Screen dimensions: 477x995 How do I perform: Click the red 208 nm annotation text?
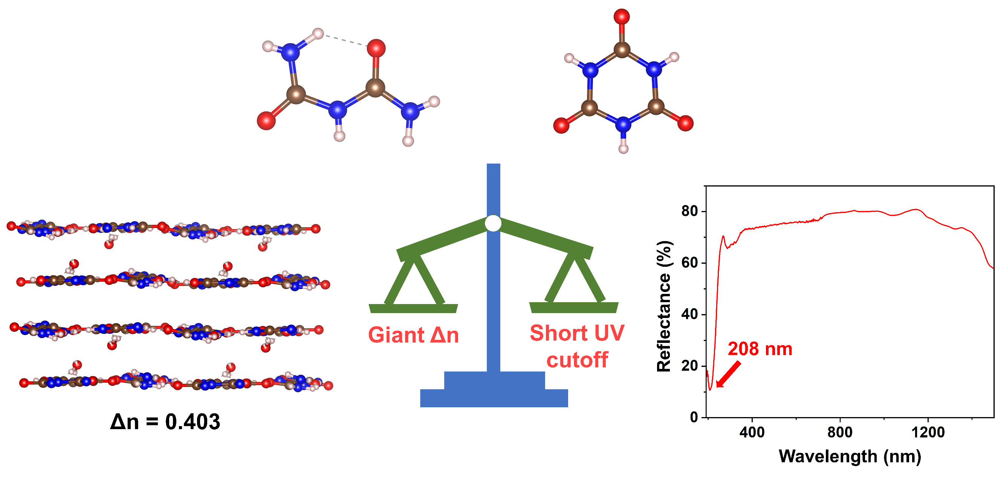click(x=760, y=349)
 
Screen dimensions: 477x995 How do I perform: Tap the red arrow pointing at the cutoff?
click(x=729, y=374)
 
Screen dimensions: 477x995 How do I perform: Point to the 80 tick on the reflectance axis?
click(x=689, y=211)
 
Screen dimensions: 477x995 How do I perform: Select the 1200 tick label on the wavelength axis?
click(x=928, y=432)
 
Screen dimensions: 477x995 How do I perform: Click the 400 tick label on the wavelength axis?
click(x=752, y=432)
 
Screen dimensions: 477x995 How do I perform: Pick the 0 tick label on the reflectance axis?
click(x=694, y=417)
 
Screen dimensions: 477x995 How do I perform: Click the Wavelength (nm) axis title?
click(x=850, y=457)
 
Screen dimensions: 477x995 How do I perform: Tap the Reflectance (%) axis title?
click(x=664, y=306)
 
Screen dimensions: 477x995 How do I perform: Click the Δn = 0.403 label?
click(x=165, y=421)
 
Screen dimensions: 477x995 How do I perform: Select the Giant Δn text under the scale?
click(x=413, y=335)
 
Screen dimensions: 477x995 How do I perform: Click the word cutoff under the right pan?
click(x=577, y=360)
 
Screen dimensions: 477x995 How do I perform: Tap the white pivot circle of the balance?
click(x=493, y=223)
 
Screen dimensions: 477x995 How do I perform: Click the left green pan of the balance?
click(x=413, y=308)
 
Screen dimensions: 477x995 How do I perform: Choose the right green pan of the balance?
click(x=573, y=307)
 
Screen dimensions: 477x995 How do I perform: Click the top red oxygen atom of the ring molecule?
click(x=622, y=17)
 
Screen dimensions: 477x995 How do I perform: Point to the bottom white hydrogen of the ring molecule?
click(x=624, y=149)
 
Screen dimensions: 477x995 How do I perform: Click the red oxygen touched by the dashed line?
click(x=376, y=48)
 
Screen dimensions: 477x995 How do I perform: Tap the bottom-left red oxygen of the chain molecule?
click(x=266, y=121)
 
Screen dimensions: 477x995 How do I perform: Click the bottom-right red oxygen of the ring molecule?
click(x=685, y=123)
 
